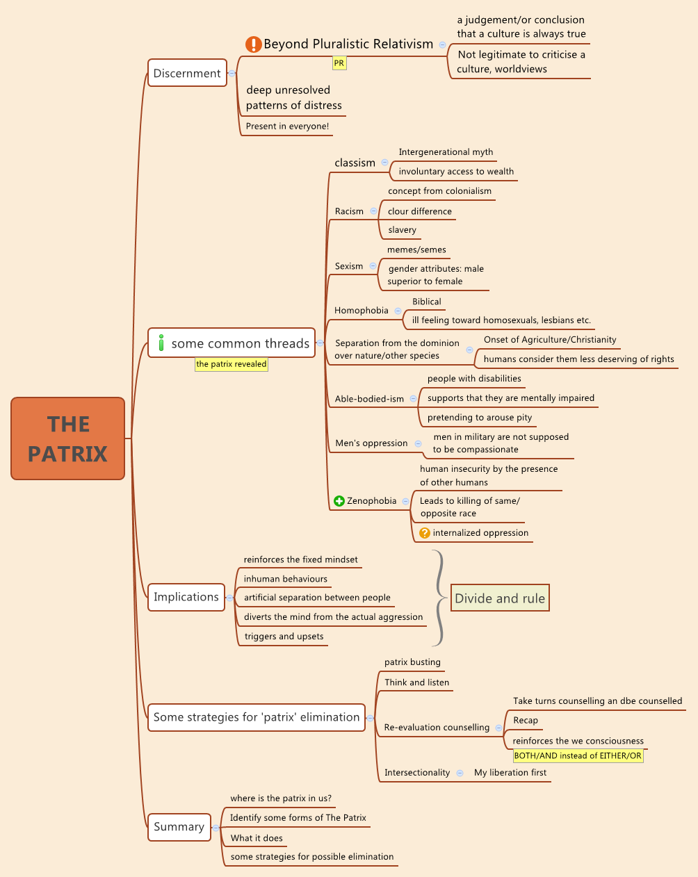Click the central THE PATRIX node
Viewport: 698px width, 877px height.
pyautogui.click(x=67, y=438)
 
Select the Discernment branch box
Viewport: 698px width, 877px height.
pyautogui.click(x=187, y=73)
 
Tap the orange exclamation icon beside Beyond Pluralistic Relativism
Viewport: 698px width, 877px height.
pyautogui.click(x=253, y=44)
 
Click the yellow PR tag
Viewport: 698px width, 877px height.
pyautogui.click(x=339, y=63)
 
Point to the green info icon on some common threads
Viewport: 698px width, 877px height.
pyautogui.click(x=161, y=343)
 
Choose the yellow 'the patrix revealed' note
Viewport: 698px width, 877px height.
pyautogui.click(x=232, y=364)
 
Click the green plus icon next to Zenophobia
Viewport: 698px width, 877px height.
pyautogui.click(x=339, y=501)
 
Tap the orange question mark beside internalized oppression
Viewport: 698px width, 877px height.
pyautogui.click(x=425, y=533)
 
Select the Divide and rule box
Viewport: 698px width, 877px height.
pyautogui.click(x=500, y=598)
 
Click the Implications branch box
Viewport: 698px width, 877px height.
pyautogui.click(x=186, y=597)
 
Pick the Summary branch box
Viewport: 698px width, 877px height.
pyautogui.click(x=179, y=827)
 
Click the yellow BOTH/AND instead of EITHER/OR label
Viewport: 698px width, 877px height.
pyautogui.click(x=578, y=756)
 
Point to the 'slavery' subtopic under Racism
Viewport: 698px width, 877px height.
pyautogui.click(x=402, y=230)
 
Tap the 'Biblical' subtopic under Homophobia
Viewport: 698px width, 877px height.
pyautogui.click(x=427, y=302)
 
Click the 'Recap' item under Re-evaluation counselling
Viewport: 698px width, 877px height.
pyautogui.click(x=526, y=721)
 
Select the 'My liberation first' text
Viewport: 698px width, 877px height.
pyautogui.click(x=510, y=773)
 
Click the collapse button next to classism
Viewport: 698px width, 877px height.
pyautogui.click(x=384, y=163)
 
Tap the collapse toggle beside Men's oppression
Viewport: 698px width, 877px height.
pyautogui.click(x=418, y=443)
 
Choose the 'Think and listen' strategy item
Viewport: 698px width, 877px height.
pyautogui.click(x=417, y=682)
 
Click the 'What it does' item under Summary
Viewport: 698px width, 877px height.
pyautogui.click(x=257, y=838)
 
